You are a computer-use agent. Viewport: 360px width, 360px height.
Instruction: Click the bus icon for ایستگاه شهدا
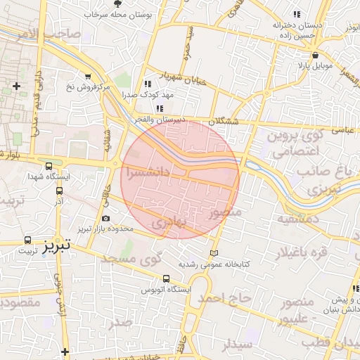[49, 167]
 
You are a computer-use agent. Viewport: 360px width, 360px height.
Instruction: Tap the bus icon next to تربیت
[28, 239]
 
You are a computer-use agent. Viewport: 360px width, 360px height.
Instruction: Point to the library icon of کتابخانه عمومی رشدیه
[214, 253]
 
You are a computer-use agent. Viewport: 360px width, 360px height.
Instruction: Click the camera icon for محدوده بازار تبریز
[105, 219]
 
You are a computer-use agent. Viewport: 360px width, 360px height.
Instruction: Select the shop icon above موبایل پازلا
[316, 56]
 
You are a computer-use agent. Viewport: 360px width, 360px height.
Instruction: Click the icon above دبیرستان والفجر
[160, 108]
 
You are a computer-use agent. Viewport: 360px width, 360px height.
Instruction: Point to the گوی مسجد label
[131, 259]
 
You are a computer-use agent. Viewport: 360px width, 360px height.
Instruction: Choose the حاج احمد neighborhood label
[224, 298]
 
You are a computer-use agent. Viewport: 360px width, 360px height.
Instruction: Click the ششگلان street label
[224, 122]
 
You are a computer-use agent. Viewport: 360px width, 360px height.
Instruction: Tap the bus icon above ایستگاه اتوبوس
[166, 278]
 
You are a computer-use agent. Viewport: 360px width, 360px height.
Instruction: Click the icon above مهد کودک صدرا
[147, 83]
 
